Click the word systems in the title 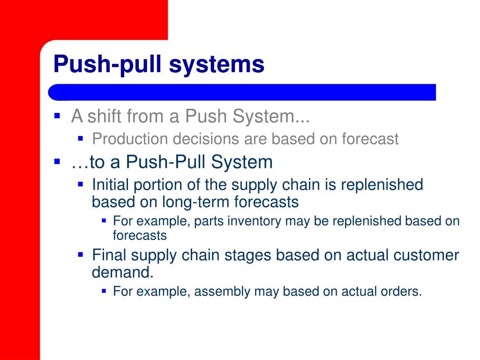(217, 64)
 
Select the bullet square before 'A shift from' (57, 115)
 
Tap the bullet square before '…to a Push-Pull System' (57, 161)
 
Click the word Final (109, 255)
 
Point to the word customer (427, 255)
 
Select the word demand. (121, 272)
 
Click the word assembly (222, 292)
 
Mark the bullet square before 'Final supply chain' (80, 255)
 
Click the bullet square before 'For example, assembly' (104, 291)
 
